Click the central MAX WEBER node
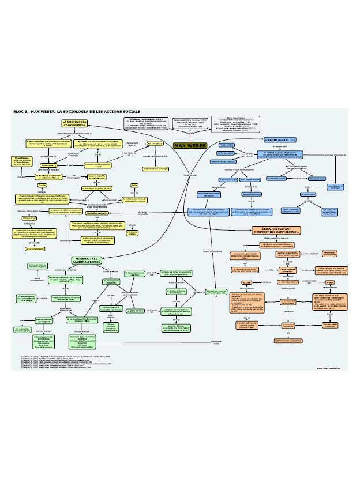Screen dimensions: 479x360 tap(189, 145)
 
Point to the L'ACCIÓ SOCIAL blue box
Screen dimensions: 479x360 tap(279, 140)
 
